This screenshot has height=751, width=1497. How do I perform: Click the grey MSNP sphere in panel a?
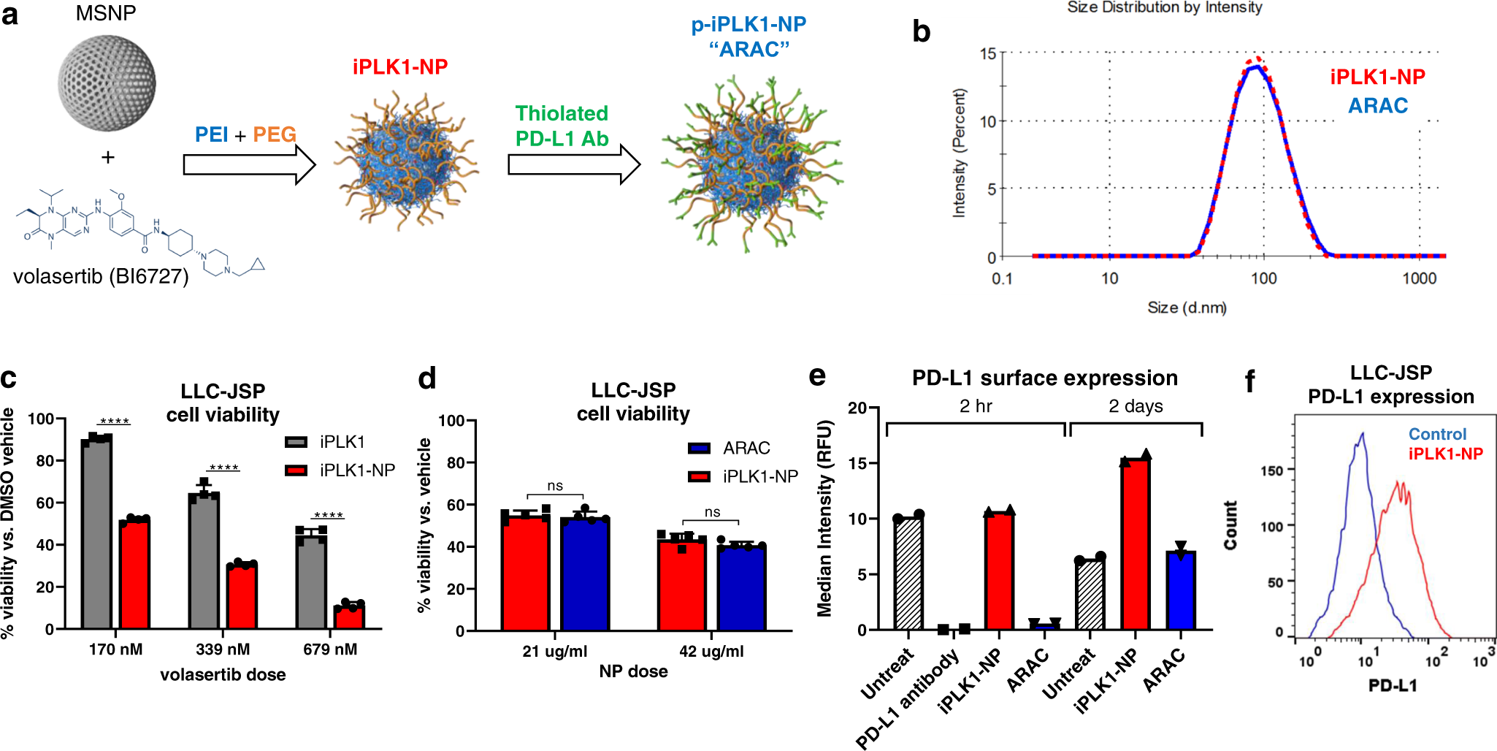pyautogui.click(x=107, y=82)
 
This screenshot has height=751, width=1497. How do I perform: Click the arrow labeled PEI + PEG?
pyautogui.click(x=248, y=164)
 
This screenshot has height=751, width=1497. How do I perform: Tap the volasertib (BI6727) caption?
pyautogui.click(x=101, y=277)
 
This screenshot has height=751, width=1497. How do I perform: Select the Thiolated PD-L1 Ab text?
pyautogui.click(x=562, y=126)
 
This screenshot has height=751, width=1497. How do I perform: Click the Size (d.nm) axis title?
pyautogui.click(x=1187, y=308)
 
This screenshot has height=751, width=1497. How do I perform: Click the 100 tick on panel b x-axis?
pyautogui.click(x=1263, y=278)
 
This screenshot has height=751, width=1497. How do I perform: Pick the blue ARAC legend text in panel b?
pyautogui.click(x=1377, y=106)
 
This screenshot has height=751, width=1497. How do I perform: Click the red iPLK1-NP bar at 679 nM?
pyautogui.click(x=349, y=616)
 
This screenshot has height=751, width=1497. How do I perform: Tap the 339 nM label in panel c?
pyautogui.click(x=223, y=649)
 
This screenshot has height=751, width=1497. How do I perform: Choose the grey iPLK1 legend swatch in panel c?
pyautogui.click(x=296, y=442)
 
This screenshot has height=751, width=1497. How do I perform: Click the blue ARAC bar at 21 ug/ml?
pyautogui.click(x=584, y=574)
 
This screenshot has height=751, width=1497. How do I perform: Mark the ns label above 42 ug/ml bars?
pyautogui.click(x=712, y=512)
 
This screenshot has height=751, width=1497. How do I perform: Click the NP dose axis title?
pyautogui.click(x=633, y=671)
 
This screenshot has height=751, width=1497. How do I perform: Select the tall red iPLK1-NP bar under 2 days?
pyautogui.click(x=1136, y=544)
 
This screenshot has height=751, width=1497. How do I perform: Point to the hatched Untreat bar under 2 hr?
pyautogui.click(x=908, y=573)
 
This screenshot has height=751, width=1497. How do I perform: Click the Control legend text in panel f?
pyautogui.click(x=1437, y=434)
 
